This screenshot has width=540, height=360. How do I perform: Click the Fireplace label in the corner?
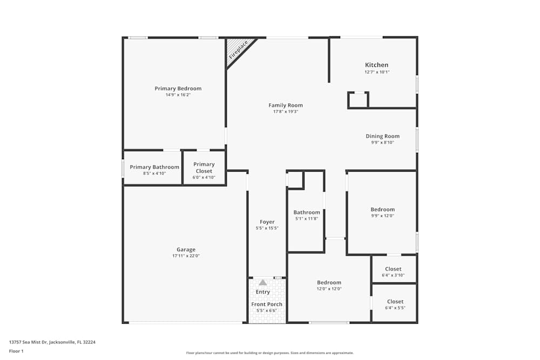point(238,50)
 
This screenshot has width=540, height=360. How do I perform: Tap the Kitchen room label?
point(376,65)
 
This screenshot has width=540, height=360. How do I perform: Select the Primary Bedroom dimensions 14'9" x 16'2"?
point(178,95)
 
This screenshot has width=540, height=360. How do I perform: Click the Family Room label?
point(286,105)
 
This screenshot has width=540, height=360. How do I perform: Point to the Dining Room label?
point(382,137)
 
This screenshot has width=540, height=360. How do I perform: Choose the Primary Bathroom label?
point(154,167)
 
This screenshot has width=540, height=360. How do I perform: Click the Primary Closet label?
point(204,168)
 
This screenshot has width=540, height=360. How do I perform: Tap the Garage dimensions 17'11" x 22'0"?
point(186,256)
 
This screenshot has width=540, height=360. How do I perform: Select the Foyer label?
point(267,222)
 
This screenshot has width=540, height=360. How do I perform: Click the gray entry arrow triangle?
point(262,282)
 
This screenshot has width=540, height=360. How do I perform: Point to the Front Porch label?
point(267,304)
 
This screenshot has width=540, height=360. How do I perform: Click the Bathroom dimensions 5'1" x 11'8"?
point(307,219)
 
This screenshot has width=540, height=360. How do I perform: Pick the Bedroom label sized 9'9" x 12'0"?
point(382,209)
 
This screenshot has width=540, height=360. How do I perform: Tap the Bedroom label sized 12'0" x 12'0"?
point(329,282)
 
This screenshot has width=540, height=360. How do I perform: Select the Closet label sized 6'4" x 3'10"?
point(393,269)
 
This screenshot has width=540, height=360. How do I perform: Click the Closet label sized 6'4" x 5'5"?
point(395,302)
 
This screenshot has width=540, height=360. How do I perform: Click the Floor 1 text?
point(16,351)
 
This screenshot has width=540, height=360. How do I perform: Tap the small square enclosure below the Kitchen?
point(358,100)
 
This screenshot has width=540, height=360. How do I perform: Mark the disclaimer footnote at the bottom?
point(270,352)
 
